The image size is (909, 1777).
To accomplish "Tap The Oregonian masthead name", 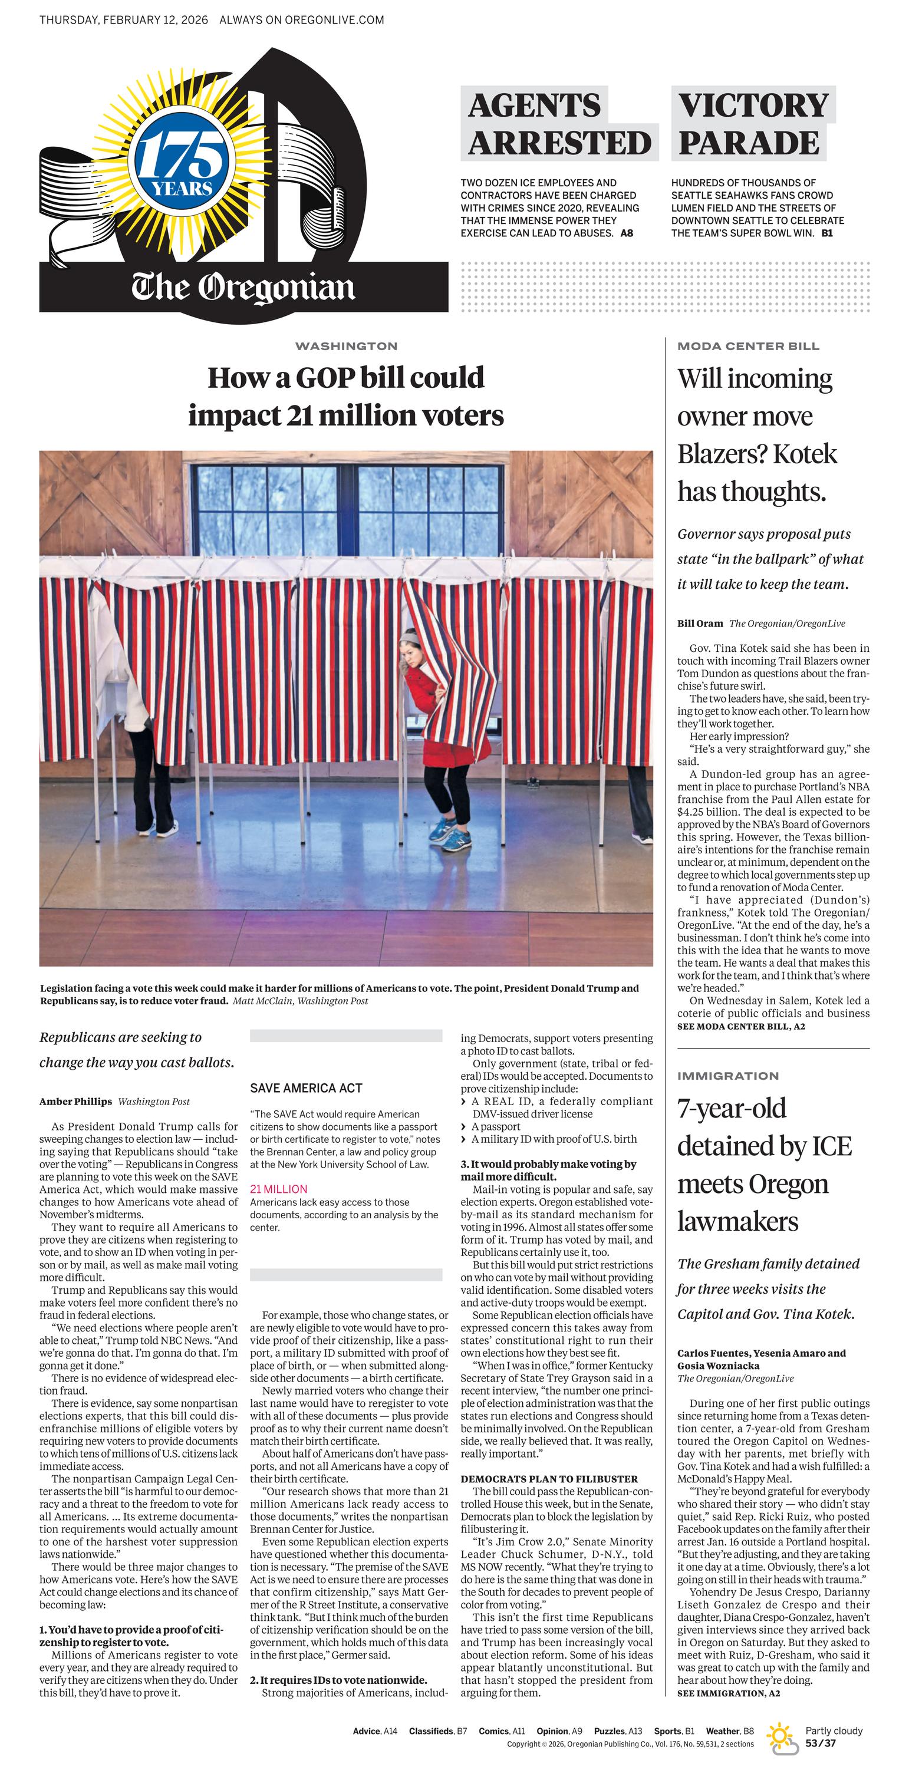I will tap(243, 288).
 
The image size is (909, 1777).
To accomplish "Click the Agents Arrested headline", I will tap(559, 124).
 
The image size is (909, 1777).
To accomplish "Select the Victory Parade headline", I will tap(753, 124).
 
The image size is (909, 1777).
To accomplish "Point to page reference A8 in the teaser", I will tap(626, 233).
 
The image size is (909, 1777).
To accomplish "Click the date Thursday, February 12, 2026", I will tap(124, 20).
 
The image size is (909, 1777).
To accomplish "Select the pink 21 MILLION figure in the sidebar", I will tap(279, 1189).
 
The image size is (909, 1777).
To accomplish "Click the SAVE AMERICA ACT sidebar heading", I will tap(306, 1089).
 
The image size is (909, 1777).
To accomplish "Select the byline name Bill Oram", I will tap(700, 624).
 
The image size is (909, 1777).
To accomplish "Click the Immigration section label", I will tap(728, 1076).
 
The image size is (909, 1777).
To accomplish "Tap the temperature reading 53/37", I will tap(821, 1743).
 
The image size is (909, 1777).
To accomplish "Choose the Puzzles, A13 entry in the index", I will tap(618, 1731).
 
